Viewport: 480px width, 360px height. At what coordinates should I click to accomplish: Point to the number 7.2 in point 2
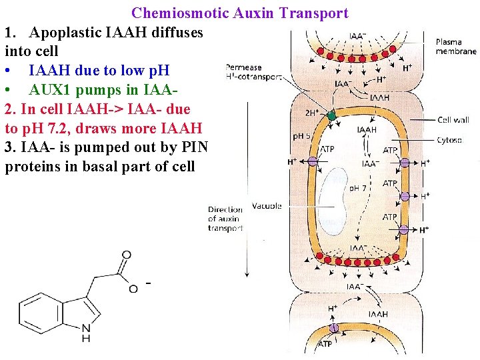coord(88,128)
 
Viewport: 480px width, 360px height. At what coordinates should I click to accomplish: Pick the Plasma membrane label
coord(457,47)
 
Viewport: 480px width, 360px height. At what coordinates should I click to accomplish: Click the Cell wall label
coord(453,120)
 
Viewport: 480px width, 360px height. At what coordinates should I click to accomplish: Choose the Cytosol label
coord(450,140)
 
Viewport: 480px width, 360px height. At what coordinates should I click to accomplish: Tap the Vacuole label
coord(267,206)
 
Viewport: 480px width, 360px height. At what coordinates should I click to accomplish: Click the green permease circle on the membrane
coord(331,116)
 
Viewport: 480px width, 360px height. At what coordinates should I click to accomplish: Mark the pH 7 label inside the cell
coord(359,188)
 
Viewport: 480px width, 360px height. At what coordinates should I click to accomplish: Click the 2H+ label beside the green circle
coord(311,113)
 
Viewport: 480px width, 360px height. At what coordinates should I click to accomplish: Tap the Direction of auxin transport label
coord(225,219)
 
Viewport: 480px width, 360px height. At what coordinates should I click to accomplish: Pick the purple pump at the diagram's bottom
coord(334,328)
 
